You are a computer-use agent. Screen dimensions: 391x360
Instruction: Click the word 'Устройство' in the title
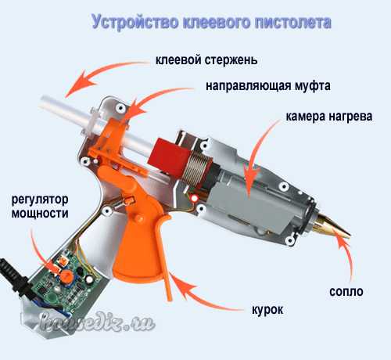(x=135, y=22)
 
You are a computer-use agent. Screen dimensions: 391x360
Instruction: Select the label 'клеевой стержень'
(x=206, y=60)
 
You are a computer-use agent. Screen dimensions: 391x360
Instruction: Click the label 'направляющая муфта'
(x=268, y=86)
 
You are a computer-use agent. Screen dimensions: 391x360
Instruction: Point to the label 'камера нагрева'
(x=329, y=117)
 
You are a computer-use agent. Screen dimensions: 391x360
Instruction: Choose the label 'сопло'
(x=346, y=291)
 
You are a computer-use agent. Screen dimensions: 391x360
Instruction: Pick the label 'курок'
(x=267, y=310)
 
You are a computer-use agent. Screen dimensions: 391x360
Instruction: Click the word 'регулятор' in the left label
(x=40, y=200)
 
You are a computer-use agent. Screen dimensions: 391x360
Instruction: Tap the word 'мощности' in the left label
(x=40, y=214)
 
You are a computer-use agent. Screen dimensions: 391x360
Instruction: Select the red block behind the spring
(x=168, y=157)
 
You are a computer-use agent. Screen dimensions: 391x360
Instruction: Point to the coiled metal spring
(x=197, y=167)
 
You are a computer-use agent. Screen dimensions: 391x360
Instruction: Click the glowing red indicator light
(x=194, y=199)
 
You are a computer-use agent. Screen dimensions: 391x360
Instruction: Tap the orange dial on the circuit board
(x=67, y=275)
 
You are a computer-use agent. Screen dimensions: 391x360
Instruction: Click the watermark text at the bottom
(x=98, y=323)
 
